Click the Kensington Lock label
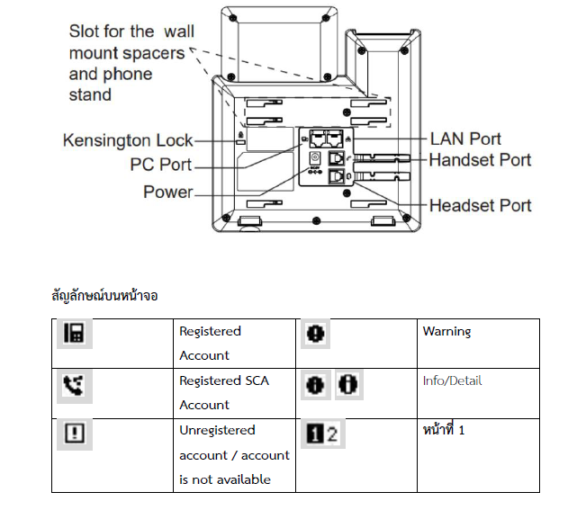click(128, 140)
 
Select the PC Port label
click(161, 165)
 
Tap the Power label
click(168, 192)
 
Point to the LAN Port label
click(465, 139)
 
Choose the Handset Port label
click(480, 160)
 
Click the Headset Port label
click(480, 205)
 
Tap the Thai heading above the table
click(104, 295)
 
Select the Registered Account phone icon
click(73, 334)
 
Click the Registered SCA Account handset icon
click(73, 384)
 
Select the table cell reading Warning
click(446, 332)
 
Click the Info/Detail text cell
click(452, 381)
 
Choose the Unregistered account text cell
click(234, 455)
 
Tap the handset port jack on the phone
click(338, 157)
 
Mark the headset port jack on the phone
click(338, 177)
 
